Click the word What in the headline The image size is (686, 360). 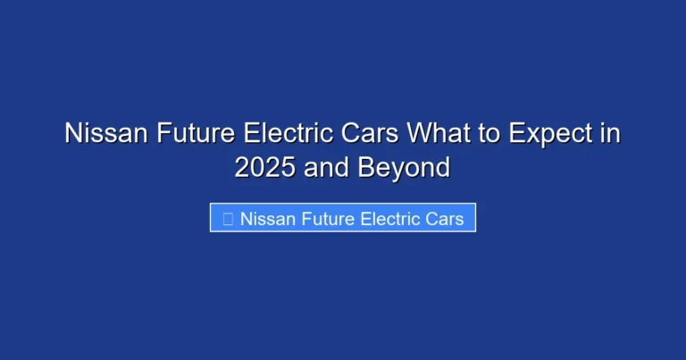438,134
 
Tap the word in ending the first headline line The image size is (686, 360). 609,134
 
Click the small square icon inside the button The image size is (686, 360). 228,218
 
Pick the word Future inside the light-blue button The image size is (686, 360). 330,218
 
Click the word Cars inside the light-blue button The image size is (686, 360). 448,218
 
